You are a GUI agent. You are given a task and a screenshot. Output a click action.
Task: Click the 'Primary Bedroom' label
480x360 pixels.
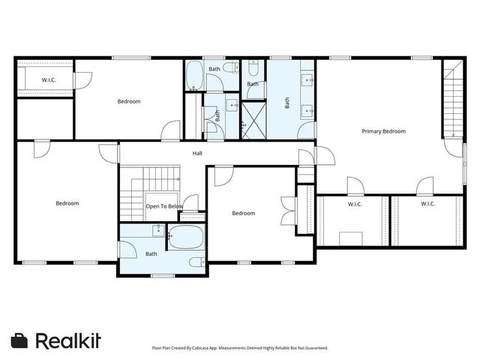383,131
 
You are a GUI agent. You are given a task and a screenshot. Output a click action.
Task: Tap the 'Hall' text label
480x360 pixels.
197,153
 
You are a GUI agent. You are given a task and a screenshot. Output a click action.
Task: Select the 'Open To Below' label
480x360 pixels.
164,206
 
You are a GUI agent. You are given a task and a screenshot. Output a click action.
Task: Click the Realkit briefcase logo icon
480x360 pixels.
19,340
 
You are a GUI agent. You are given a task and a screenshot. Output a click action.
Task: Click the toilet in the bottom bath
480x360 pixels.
196,262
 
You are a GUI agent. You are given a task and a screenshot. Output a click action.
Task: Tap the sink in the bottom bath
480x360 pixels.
158,229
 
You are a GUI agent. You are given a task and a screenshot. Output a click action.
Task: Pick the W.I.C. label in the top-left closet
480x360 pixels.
49,79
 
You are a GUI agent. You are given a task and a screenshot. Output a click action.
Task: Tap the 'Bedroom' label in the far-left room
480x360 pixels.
67,203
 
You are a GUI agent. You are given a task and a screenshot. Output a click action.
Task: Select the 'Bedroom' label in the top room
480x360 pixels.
128,101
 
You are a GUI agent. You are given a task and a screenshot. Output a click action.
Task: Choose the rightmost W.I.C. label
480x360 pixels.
427,204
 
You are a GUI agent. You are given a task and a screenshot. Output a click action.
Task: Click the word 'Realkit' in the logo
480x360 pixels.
68,340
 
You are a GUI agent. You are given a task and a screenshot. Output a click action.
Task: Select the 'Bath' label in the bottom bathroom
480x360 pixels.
151,253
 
